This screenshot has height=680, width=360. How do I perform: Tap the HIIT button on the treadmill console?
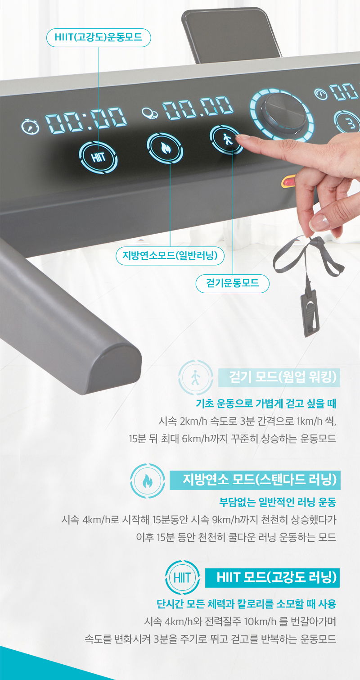click(x=98, y=157)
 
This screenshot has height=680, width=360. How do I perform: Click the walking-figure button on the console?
click(x=226, y=140)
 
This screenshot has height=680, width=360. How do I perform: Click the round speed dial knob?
click(x=283, y=114)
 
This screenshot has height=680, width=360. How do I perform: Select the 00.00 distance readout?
click(x=198, y=108)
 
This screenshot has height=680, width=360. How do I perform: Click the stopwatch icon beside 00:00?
click(x=30, y=127)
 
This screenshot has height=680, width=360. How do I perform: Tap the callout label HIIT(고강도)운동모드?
click(x=99, y=38)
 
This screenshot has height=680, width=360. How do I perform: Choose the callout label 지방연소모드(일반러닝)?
click(x=170, y=256)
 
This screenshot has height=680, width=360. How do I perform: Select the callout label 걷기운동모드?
click(x=232, y=284)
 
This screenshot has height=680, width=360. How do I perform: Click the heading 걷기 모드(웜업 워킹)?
click(x=279, y=377)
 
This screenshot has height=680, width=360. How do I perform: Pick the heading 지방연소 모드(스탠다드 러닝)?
click(x=255, y=480)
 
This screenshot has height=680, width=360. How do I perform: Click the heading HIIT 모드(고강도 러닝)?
click(x=272, y=578)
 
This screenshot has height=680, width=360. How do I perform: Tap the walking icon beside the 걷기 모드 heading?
click(x=196, y=377)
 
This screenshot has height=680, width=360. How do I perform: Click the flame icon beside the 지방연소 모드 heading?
click(x=148, y=481)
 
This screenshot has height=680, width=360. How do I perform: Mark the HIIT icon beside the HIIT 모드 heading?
click(x=182, y=577)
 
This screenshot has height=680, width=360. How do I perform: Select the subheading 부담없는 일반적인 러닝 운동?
click(x=278, y=503)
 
